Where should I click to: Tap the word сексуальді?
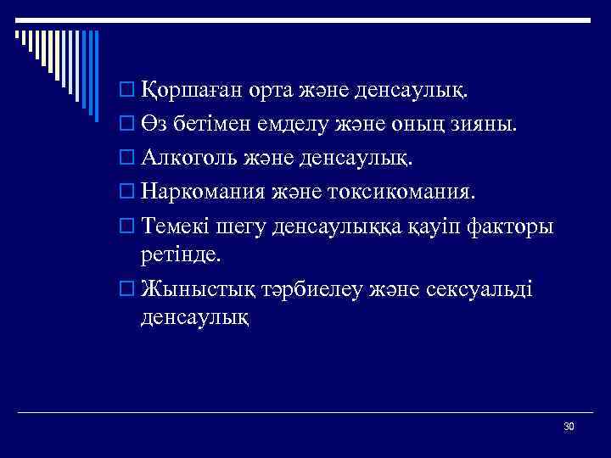pos(485,288)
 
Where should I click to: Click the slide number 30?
pos(569,426)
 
